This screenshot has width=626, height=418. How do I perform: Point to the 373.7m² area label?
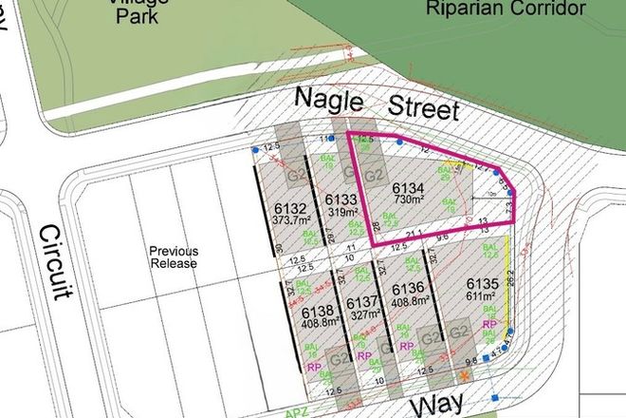(291, 221)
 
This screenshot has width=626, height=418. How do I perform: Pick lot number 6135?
(483, 284)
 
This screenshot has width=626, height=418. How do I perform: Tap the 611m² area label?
(483, 297)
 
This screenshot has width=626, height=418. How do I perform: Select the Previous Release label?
(172, 256)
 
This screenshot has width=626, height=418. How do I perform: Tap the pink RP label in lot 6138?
(314, 367)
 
